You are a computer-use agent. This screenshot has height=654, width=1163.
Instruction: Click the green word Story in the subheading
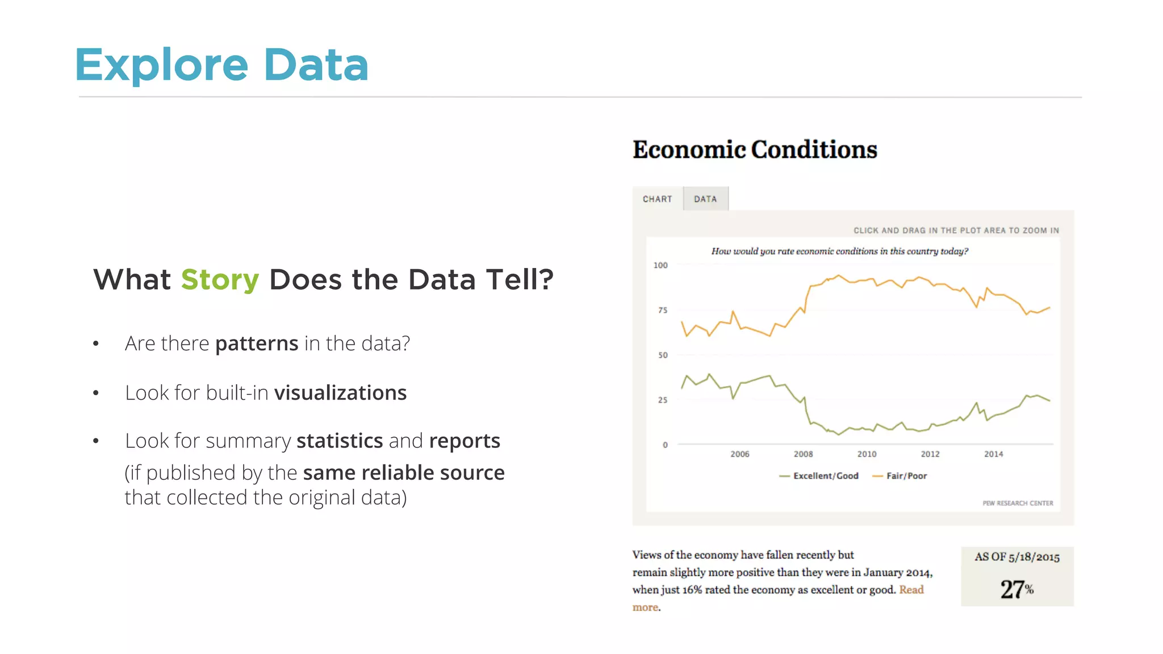(x=220, y=280)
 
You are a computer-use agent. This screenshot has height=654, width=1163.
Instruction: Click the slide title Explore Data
(x=221, y=65)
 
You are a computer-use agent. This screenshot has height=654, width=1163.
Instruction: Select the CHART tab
(x=657, y=199)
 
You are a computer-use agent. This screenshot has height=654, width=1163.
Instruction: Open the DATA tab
(x=705, y=199)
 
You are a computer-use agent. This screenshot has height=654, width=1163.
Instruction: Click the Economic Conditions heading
(x=755, y=150)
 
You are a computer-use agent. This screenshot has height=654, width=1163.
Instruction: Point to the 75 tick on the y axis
(x=663, y=310)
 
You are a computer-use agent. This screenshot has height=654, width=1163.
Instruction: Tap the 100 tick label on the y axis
(x=660, y=265)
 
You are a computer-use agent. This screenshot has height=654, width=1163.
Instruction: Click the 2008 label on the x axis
(x=803, y=454)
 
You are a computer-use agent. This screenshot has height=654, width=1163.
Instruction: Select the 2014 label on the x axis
(x=993, y=454)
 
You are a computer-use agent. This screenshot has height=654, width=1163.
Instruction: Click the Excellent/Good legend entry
(x=825, y=476)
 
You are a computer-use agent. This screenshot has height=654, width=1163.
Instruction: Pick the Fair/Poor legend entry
(x=906, y=476)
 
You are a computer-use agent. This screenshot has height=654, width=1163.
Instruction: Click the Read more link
(x=911, y=590)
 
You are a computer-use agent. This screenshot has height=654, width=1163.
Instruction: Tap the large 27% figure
(x=1016, y=589)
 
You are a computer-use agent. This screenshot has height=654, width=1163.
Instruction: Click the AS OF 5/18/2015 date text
(x=1017, y=557)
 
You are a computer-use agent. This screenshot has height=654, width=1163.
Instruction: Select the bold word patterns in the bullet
(x=257, y=343)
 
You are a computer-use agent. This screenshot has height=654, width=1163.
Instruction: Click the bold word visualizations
(x=340, y=393)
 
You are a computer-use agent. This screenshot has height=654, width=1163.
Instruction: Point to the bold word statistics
(x=340, y=441)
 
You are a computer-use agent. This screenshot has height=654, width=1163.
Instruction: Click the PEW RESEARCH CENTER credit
(x=1018, y=503)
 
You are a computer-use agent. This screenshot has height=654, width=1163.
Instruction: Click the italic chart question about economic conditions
(x=839, y=251)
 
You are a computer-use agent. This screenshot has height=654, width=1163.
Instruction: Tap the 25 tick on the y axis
(x=663, y=400)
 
